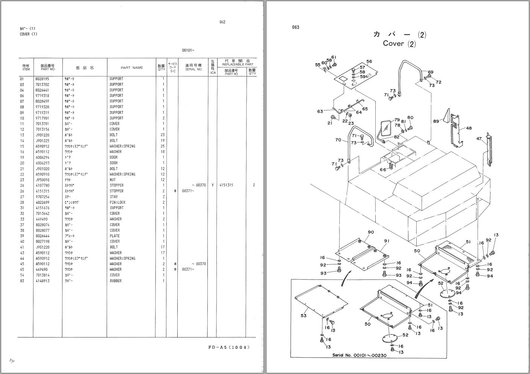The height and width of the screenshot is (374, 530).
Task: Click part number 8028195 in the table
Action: pos(42,79)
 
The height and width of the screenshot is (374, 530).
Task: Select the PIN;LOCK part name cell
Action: pos(117,202)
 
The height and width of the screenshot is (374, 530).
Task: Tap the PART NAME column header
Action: pos(132,68)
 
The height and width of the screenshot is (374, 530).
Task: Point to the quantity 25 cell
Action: pos(162,146)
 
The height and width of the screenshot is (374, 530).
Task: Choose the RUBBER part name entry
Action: pos(116,281)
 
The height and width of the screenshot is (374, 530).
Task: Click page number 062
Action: pos(222,22)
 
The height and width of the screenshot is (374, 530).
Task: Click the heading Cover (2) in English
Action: pos(399,44)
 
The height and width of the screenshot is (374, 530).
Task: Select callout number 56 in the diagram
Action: pos(369,62)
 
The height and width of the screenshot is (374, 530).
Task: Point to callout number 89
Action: pos(436,121)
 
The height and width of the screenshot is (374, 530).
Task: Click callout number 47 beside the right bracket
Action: pos(479,139)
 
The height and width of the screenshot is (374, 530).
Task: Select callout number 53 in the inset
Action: pos(303,316)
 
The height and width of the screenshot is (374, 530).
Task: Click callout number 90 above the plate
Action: pos(371,232)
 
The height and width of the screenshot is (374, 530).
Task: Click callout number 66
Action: pos(383,170)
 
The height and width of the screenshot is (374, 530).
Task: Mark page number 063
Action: pos(295,27)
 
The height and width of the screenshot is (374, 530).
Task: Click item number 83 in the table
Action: pos(22,281)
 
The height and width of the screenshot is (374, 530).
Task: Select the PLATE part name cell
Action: pos(114,236)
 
